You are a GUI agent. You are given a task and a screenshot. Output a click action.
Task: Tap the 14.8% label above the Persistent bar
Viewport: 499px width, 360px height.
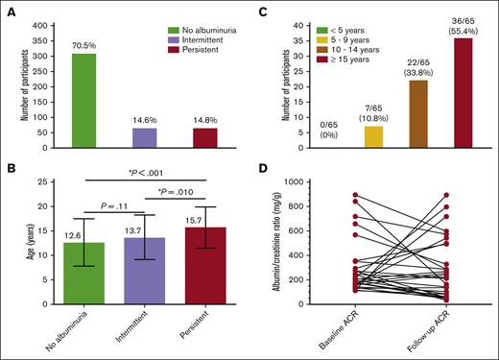pos(205,120)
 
